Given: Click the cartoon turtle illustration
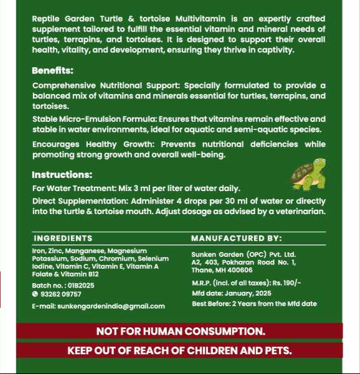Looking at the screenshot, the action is point(308,175).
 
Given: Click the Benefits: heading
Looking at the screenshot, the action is point(52,71).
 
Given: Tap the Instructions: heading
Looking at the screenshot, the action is point(62,175).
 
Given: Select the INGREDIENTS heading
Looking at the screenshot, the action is point(63,238).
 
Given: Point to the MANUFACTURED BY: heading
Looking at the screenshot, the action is point(236,238).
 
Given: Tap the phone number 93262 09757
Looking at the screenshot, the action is point(60,294).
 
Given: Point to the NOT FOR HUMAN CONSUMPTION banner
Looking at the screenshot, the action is point(180,331).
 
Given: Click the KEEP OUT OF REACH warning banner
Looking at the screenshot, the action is point(180,350).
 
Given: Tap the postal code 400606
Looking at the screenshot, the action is point(239,270).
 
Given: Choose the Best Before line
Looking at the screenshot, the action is point(254,304).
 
